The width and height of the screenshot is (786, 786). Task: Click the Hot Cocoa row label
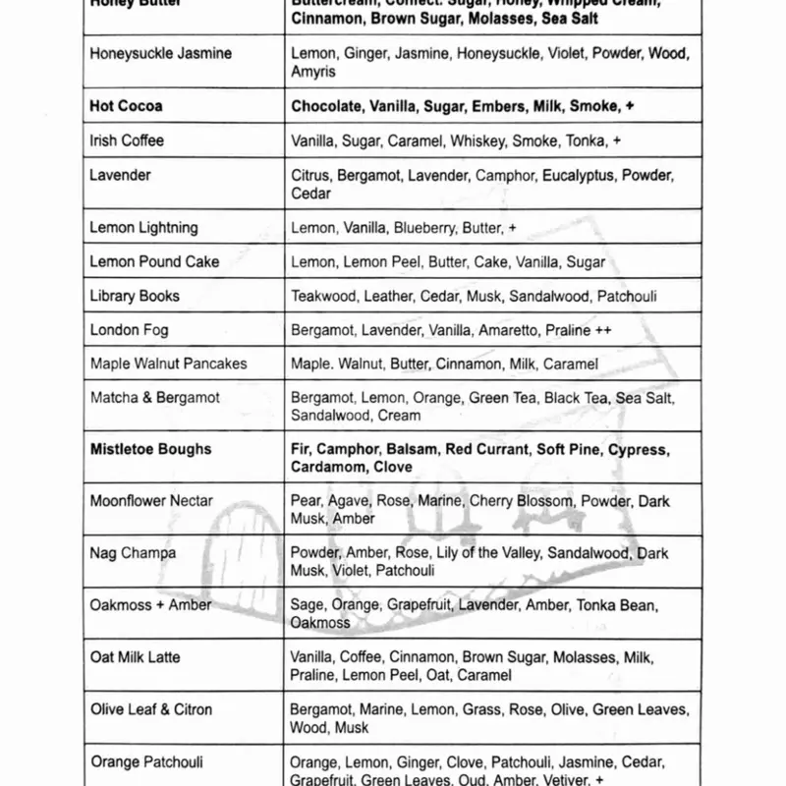pyautogui.click(x=126, y=106)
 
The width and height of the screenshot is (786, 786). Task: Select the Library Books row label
pyautogui.click(x=135, y=296)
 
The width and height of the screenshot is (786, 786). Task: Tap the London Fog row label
pyautogui.click(x=129, y=330)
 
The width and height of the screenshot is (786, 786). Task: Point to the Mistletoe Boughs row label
pyautogui.click(x=150, y=450)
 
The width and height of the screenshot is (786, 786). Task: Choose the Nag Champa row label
pyautogui.click(x=133, y=553)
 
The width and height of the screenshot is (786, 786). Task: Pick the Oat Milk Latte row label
pyautogui.click(x=135, y=657)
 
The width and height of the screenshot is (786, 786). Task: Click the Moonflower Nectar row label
pyautogui.click(x=151, y=501)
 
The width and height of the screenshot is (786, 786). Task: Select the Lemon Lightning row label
pyautogui.click(x=143, y=228)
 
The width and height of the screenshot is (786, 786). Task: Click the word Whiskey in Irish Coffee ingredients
pyautogui.click(x=479, y=141)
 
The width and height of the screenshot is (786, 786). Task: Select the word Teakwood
pyautogui.click(x=326, y=296)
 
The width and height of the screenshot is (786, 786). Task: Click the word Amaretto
pyautogui.click(x=508, y=330)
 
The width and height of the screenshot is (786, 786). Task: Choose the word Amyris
pyautogui.click(x=313, y=73)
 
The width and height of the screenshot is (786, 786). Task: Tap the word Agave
pyautogui.click(x=349, y=501)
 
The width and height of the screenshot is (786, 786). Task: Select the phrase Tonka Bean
pyautogui.click(x=617, y=605)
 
